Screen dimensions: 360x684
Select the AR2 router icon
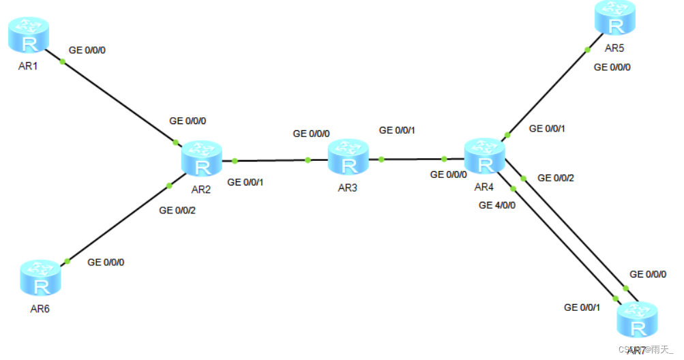[202, 158]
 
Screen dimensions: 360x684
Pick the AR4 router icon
[485, 156]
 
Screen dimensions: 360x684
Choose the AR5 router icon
[615, 19]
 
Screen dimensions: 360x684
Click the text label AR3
[347, 188]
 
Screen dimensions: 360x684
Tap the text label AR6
[40, 309]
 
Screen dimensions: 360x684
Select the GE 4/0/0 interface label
[497, 205]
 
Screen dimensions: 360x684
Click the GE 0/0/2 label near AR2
[177, 211]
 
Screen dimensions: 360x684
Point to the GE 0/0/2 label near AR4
[556, 178]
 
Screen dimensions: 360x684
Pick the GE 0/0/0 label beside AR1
[88, 50]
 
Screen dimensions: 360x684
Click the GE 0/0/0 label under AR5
[612, 67]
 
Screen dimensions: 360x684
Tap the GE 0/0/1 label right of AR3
[397, 130]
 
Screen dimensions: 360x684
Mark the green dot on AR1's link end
[62, 62]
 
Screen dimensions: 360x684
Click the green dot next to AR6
[67, 261]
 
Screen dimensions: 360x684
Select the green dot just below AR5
[587, 49]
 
